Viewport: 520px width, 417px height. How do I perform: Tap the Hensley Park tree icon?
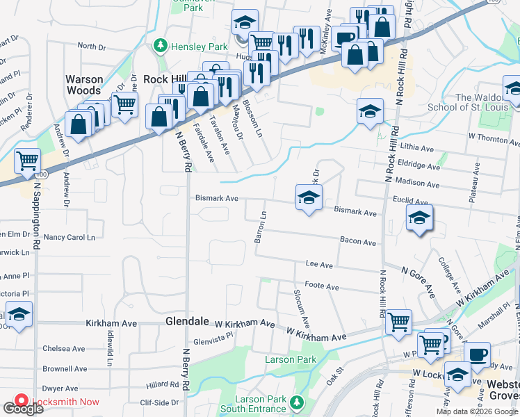tap(161, 46)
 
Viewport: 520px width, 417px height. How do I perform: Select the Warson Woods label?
tap(84, 85)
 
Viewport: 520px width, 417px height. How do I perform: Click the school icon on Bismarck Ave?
tap(309, 197)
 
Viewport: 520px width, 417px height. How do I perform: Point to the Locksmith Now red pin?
tap(19, 402)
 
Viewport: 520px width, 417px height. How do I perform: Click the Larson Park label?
tap(291, 359)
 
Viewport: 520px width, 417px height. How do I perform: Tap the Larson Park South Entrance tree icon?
tap(298, 402)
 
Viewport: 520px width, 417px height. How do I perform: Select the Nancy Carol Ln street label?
tap(69, 237)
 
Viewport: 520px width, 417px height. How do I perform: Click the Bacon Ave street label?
tap(358, 242)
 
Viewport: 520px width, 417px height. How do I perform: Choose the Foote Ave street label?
tap(321, 286)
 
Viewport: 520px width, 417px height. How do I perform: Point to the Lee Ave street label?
tap(320, 265)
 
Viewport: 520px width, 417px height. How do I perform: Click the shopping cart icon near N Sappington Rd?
tap(28, 162)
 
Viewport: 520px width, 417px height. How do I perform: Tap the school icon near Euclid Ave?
tap(419, 218)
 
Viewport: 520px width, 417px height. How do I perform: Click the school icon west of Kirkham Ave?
tap(19, 314)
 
